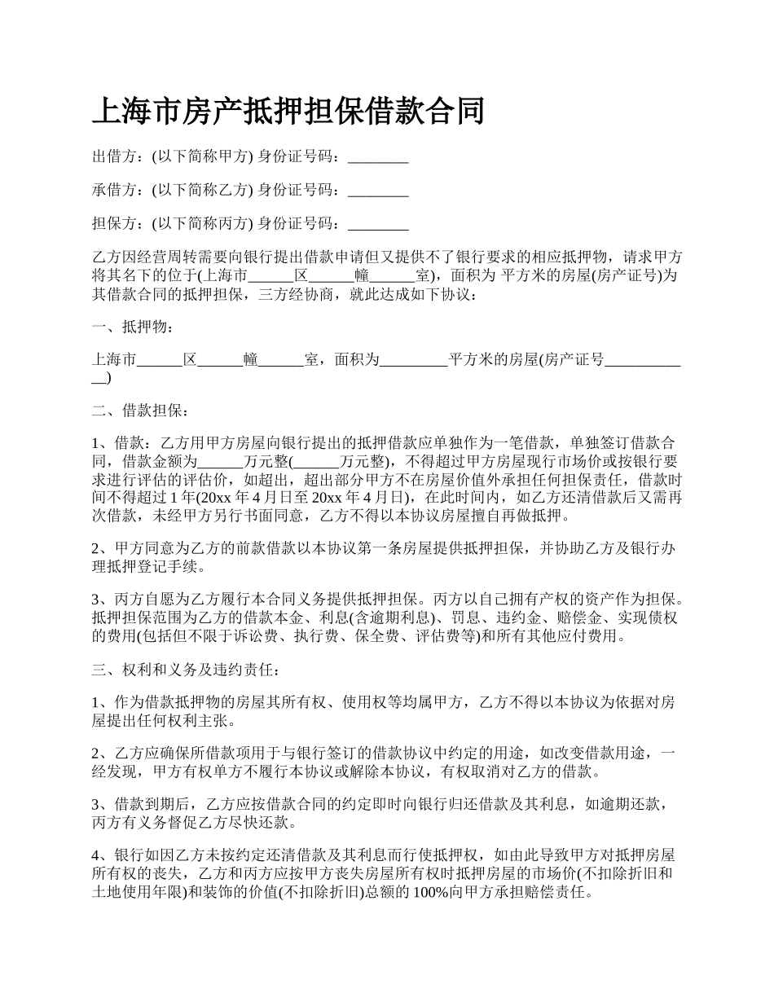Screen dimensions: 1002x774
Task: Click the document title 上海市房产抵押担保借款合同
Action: [x=288, y=112]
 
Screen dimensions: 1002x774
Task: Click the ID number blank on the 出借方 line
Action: [x=378, y=156]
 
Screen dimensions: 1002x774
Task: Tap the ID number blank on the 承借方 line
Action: [x=378, y=190]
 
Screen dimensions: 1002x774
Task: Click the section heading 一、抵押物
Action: [x=132, y=327]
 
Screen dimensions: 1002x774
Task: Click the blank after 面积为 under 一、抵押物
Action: [x=414, y=360]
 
